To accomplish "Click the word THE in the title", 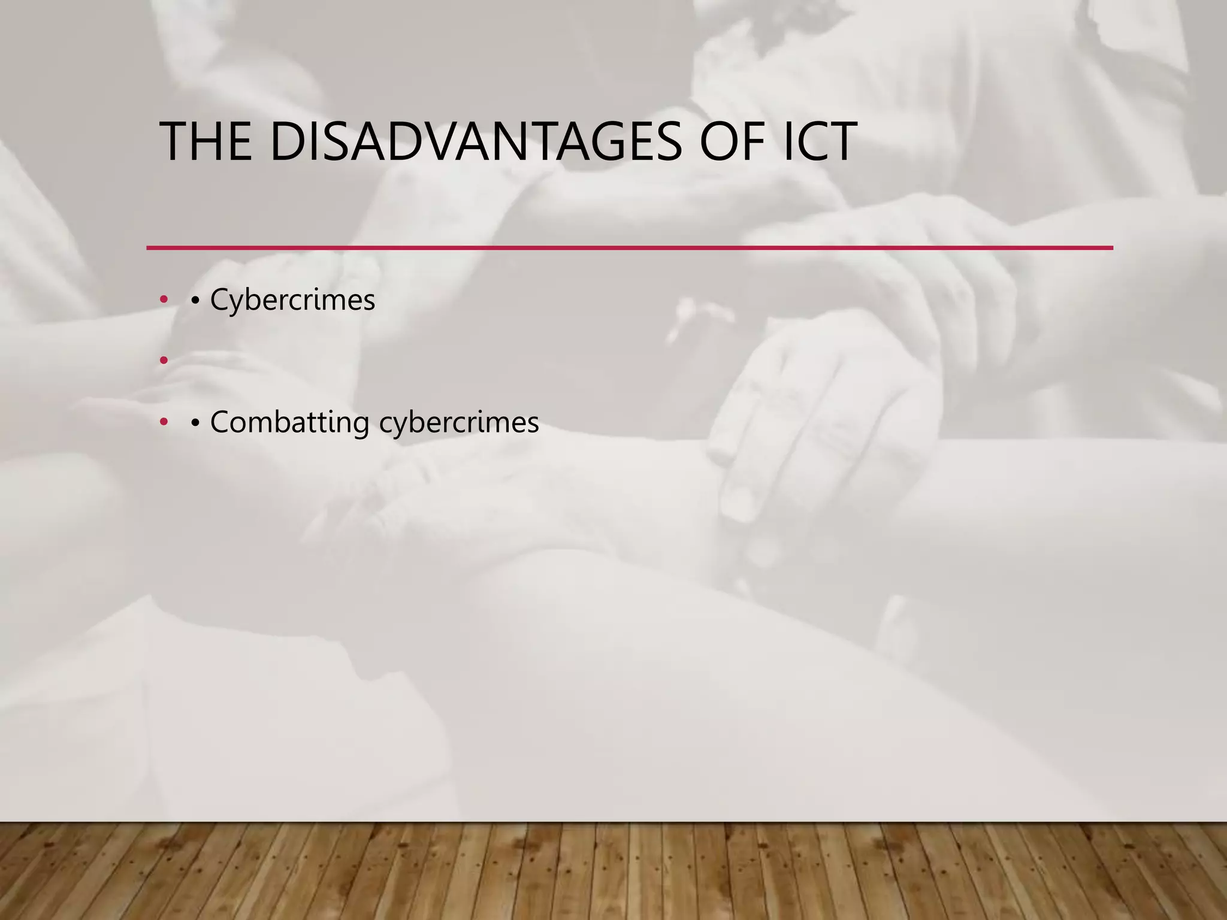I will [x=205, y=143].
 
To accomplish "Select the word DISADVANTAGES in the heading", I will [x=476, y=143].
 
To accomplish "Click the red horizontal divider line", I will [x=629, y=247].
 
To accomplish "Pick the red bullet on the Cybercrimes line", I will [x=164, y=300].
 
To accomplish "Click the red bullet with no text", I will [x=164, y=361].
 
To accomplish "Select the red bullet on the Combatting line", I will [x=164, y=423].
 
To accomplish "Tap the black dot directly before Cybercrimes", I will [x=195, y=301].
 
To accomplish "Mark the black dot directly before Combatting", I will [x=195, y=423].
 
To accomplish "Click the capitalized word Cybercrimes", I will [x=292, y=300].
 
